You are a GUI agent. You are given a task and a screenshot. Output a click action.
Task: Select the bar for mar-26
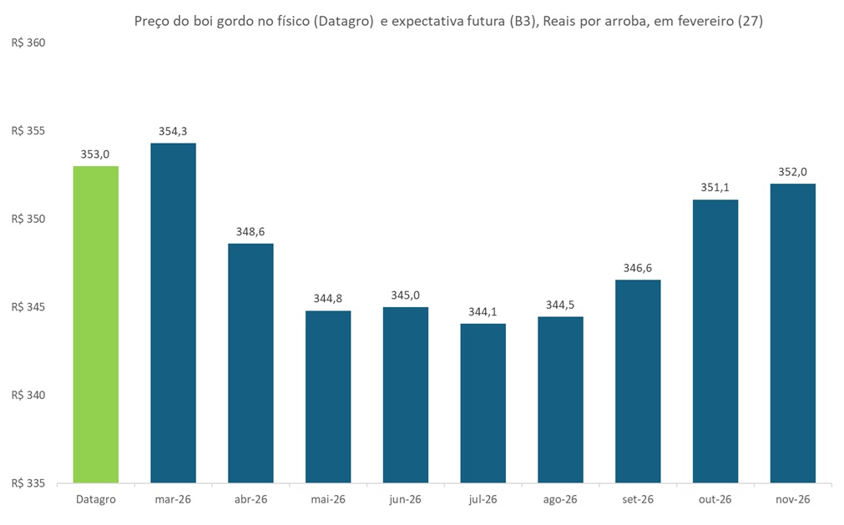pyautogui.click(x=173, y=313)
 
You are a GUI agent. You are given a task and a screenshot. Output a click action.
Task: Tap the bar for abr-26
pyautogui.click(x=250, y=363)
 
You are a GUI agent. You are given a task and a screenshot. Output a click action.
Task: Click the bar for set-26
pyautogui.click(x=638, y=381)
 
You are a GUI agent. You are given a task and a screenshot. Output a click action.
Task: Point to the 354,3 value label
pyautogui.click(x=173, y=131)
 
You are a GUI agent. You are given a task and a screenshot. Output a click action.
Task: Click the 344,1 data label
pyautogui.click(x=483, y=311)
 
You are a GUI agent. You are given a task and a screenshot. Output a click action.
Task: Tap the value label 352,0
pyautogui.click(x=792, y=171)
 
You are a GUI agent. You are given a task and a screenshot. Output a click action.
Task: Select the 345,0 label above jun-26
pyautogui.click(x=406, y=295)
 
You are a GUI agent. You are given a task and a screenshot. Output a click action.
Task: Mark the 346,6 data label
pyautogui.click(x=638, y=268)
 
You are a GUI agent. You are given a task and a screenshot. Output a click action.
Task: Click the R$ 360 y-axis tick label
pyautogui.click(x=28, y=43)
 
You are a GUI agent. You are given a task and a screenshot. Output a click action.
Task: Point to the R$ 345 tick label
pyautogui.click(x=28, y=307)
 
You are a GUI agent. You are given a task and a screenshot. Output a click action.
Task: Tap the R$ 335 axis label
pyautogui.click(x=28, y=483)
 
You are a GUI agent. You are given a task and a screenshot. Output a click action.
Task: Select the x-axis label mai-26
pyautogui.click(x=328, y=499)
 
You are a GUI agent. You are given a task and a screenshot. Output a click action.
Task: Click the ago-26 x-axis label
pyautogui.click(x=560, y=499)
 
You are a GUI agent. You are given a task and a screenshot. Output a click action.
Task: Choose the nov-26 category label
pyautogui.click(x=792, y=499)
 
